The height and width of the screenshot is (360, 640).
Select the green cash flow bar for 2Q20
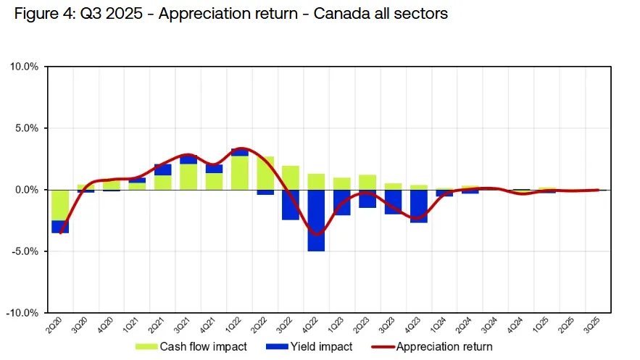(60, 205)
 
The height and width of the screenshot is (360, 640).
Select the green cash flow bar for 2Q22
(265, 173)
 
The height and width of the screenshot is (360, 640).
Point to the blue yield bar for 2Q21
(163, 169)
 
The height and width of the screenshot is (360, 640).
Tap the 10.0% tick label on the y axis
(24, 67)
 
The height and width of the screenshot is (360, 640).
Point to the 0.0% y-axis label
(26, 190)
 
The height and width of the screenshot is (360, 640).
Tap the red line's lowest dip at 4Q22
(316, 234)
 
